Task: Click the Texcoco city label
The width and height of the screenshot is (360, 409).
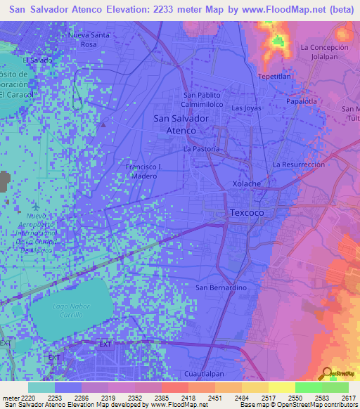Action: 247,212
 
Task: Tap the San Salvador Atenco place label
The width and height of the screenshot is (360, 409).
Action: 181,124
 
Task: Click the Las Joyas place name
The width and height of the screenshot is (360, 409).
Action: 246,108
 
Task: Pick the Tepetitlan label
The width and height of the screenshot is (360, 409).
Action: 276,76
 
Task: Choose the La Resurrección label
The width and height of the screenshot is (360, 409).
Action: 299,164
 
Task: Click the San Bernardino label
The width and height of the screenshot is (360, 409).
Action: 219,287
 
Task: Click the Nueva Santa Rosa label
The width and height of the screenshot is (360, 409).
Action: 89,39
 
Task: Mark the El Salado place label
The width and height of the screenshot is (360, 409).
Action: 37,60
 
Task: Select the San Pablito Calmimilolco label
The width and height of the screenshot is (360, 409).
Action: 202,99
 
